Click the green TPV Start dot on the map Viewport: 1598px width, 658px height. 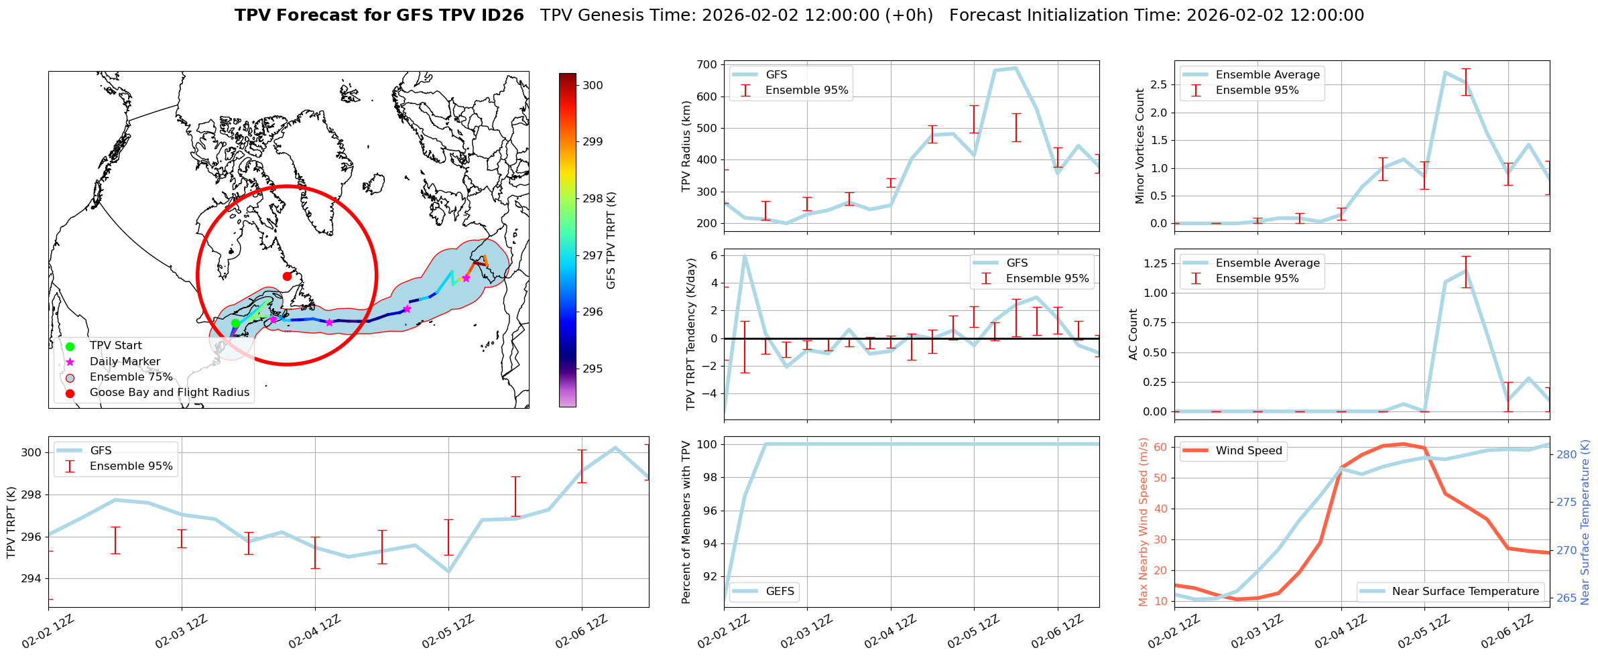(235, 323)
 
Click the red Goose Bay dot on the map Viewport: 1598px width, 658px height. (287, 276)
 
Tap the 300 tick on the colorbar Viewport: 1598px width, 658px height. (593, 85)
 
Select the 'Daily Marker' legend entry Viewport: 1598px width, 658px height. (125, 362)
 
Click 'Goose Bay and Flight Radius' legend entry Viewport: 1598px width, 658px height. (169, 393)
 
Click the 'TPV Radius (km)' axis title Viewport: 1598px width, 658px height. (686, 146)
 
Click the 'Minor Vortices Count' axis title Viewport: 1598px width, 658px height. (1140, 146)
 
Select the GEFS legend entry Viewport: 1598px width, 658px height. (780, 591)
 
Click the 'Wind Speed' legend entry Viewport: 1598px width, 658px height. (1248, 451)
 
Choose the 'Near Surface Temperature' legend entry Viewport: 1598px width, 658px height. (1465, 591)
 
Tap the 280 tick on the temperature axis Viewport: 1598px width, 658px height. (1566, 454)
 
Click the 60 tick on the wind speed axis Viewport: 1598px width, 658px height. (1160, 447)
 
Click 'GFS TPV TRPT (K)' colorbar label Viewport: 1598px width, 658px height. (611, 240)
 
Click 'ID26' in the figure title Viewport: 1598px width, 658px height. (501, 15)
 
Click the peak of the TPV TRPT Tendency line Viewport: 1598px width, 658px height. (745, 256)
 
